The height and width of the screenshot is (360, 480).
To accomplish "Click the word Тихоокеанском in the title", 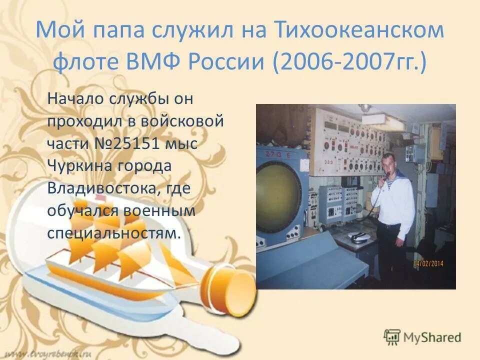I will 358,30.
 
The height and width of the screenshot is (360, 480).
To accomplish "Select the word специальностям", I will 113,233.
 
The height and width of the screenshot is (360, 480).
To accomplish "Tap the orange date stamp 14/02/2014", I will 428,263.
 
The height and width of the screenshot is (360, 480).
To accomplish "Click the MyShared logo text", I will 432,337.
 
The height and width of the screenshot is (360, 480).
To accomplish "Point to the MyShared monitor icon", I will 392,336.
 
